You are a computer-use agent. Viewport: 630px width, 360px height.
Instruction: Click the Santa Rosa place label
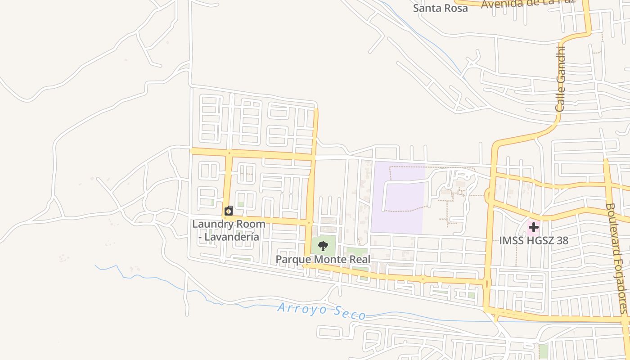pyautogui.click(x=441, y=8)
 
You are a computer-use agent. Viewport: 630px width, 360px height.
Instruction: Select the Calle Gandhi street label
pyautogui.click(x=560, y=79)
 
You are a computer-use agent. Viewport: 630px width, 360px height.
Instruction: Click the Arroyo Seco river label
pyautogui.click(x=321, y=311)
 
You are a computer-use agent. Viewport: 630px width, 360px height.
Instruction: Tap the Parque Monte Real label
pyautogui.click(x=323, y=259)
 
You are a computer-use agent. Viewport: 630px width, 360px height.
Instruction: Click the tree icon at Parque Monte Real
pyautogui.click(x=323, y=246)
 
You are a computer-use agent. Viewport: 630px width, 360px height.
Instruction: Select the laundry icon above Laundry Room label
pyautogui.click(x=229, y=211)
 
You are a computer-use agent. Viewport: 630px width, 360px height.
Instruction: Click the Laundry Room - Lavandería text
pyautogui.click(x=229, y=230)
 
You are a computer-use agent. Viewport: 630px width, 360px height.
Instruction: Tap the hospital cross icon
pyautogui.click(x=533, y=227)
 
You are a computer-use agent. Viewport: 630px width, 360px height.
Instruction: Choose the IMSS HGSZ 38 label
pyautogui.click(x=533, y=240)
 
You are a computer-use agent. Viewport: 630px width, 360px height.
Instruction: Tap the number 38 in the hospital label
pyautogui.click(x=562, y=240)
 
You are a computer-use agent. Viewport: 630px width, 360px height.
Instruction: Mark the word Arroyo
pyautogui.click(x=299, y=309)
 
